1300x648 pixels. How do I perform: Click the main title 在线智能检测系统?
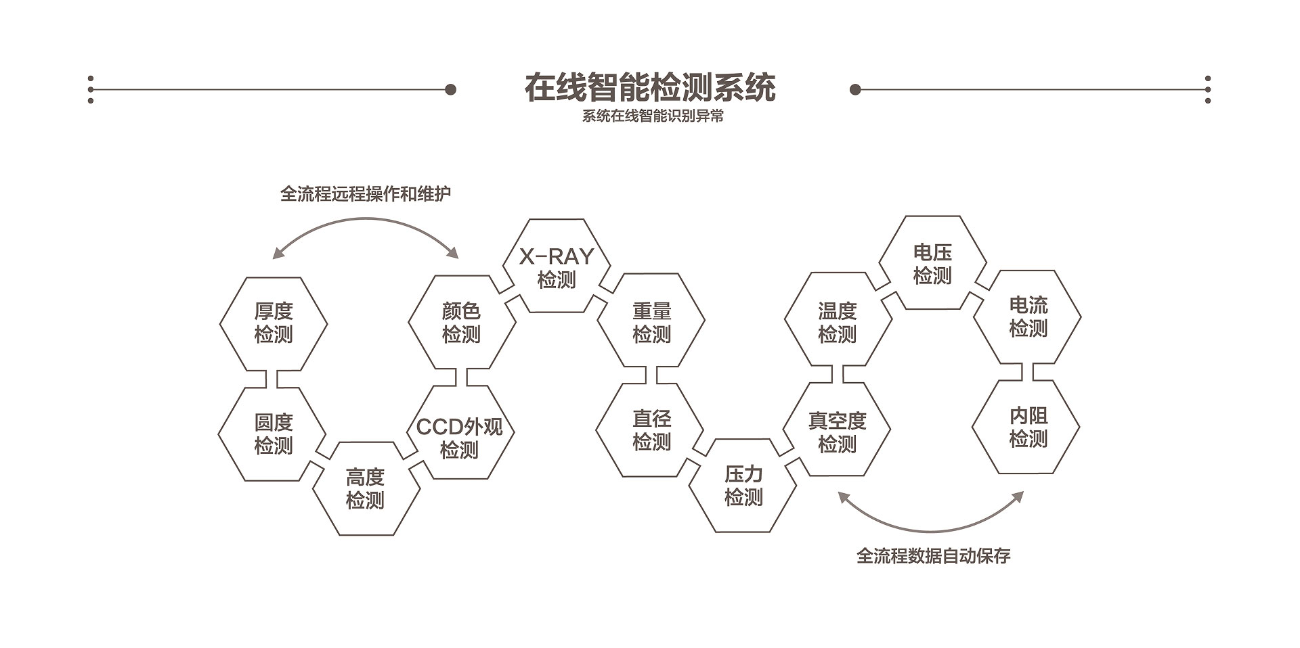point(650,88)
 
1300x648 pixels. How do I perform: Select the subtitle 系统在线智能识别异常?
point(653,116)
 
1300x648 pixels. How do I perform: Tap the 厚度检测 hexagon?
point(274,323)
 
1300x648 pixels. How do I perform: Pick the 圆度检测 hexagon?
point(273,434)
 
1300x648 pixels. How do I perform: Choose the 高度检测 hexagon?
point(366,489)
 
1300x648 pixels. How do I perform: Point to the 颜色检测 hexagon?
point(461,323)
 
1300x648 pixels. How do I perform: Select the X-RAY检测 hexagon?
point(557,267)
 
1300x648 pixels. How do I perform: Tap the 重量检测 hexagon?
point(651,323)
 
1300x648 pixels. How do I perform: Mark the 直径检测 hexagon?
point(651,430)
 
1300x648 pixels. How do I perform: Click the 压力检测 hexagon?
point(743,486)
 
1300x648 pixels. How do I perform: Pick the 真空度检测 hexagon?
point(837,432)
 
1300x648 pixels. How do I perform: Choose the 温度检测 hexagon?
point(838,323)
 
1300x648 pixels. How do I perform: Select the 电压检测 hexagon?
point(932,264)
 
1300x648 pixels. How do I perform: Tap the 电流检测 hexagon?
point(1028,317)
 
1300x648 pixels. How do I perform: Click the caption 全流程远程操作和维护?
point(366,194)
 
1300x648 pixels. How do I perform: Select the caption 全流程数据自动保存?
point(933,556)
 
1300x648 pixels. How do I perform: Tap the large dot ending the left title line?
point(450,89)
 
